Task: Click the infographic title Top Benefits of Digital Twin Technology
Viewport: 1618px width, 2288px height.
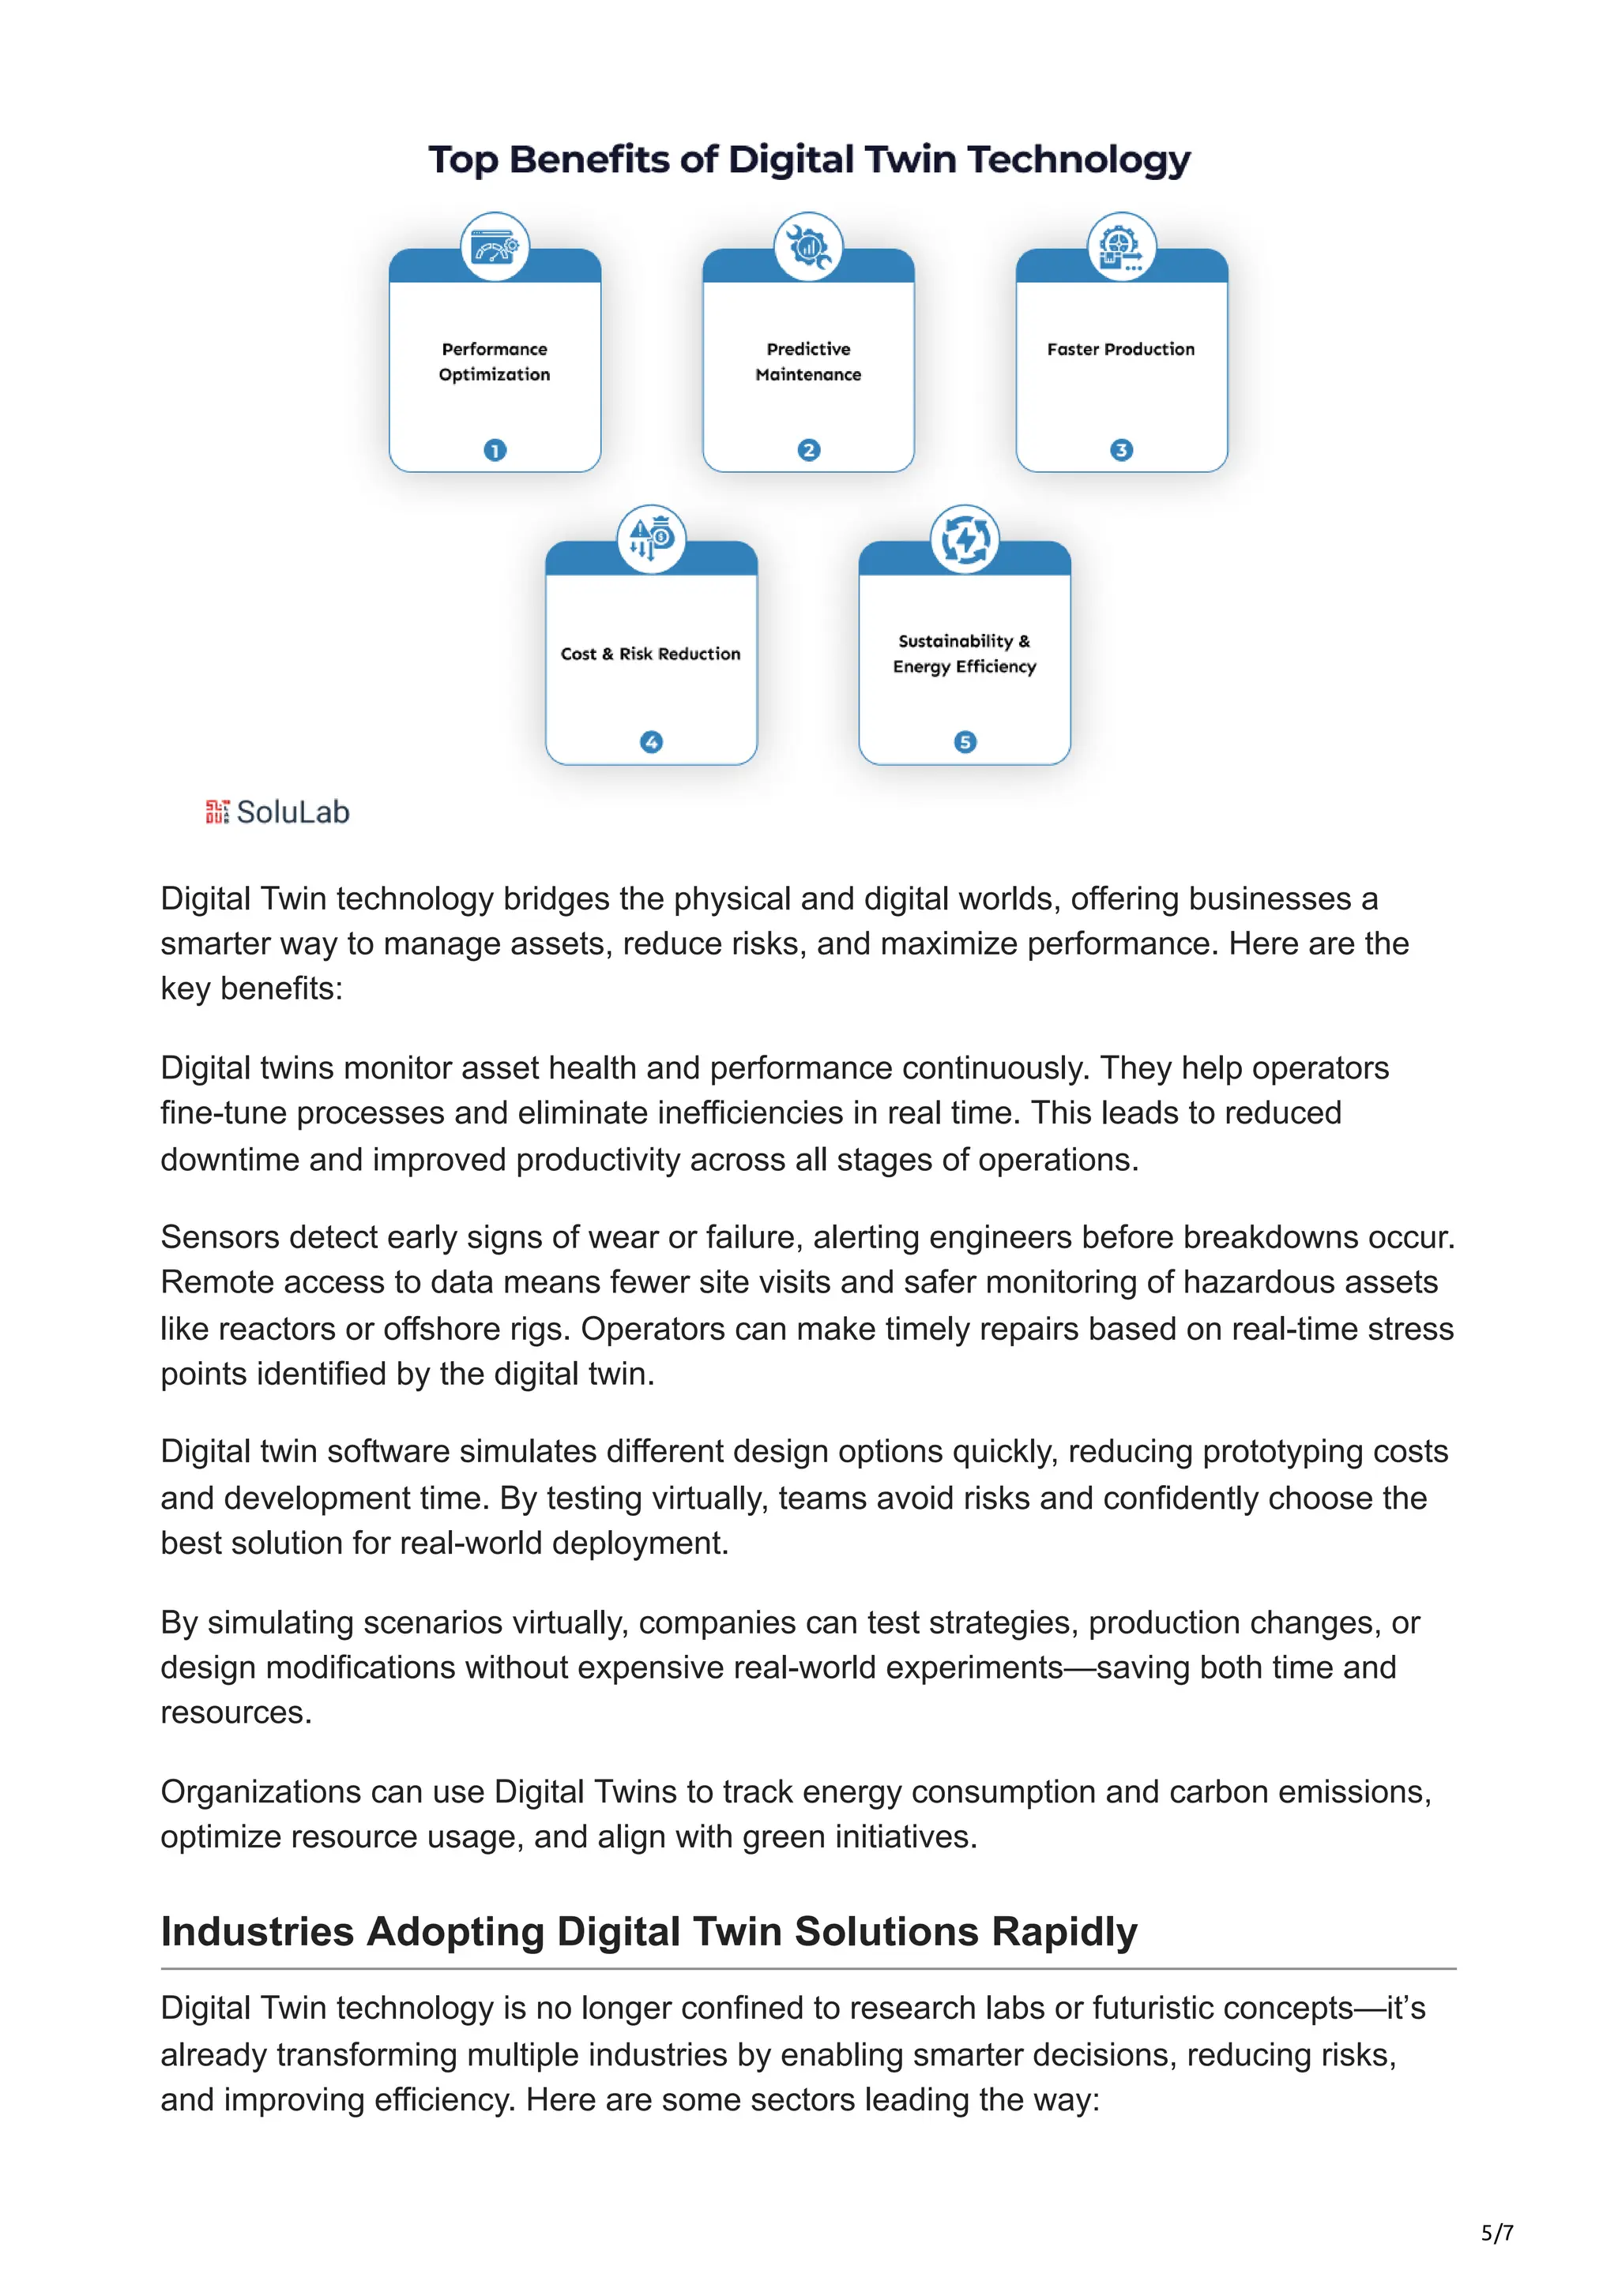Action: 808,160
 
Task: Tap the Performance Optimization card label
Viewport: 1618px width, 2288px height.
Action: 495,362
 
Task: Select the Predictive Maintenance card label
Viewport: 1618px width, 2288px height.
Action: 808,362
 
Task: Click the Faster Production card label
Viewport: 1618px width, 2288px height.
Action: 1120,350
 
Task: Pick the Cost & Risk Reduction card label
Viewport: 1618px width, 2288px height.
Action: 650,655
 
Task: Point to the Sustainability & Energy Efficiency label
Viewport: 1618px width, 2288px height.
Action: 964,654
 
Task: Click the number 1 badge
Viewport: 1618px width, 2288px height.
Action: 495,451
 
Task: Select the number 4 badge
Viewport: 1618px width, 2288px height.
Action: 651,742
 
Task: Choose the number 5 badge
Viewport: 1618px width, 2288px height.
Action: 965,742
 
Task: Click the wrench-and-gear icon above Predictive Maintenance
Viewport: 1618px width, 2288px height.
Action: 808,246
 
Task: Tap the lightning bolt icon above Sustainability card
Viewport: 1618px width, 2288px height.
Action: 965,540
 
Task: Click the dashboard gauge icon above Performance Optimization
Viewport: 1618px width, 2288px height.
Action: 495,246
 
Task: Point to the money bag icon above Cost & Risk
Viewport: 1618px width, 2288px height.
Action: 651,539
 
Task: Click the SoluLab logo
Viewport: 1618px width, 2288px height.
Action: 277,812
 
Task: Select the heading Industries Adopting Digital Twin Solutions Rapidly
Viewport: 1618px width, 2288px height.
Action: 648,1931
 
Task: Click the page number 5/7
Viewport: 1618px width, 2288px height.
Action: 1496,2234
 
